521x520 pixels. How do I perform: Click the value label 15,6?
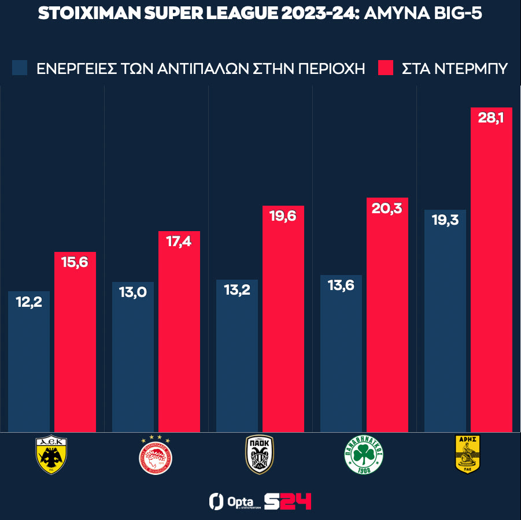[x=75, y=262]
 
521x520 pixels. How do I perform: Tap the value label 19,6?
[x=283, y=217]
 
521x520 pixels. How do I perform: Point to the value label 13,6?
[x=341, y=285]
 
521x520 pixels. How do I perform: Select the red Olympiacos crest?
[x=156, y=455]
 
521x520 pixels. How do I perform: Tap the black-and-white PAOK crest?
[x=260, y=454]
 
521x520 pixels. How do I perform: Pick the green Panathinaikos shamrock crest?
[x=364, y=455]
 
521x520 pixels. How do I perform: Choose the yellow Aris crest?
[x=468, y=454]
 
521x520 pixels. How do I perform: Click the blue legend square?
[x=20, y=68]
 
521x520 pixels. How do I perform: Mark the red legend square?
[x=385, y=68]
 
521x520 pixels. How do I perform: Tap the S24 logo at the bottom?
[x=287, y=501]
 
